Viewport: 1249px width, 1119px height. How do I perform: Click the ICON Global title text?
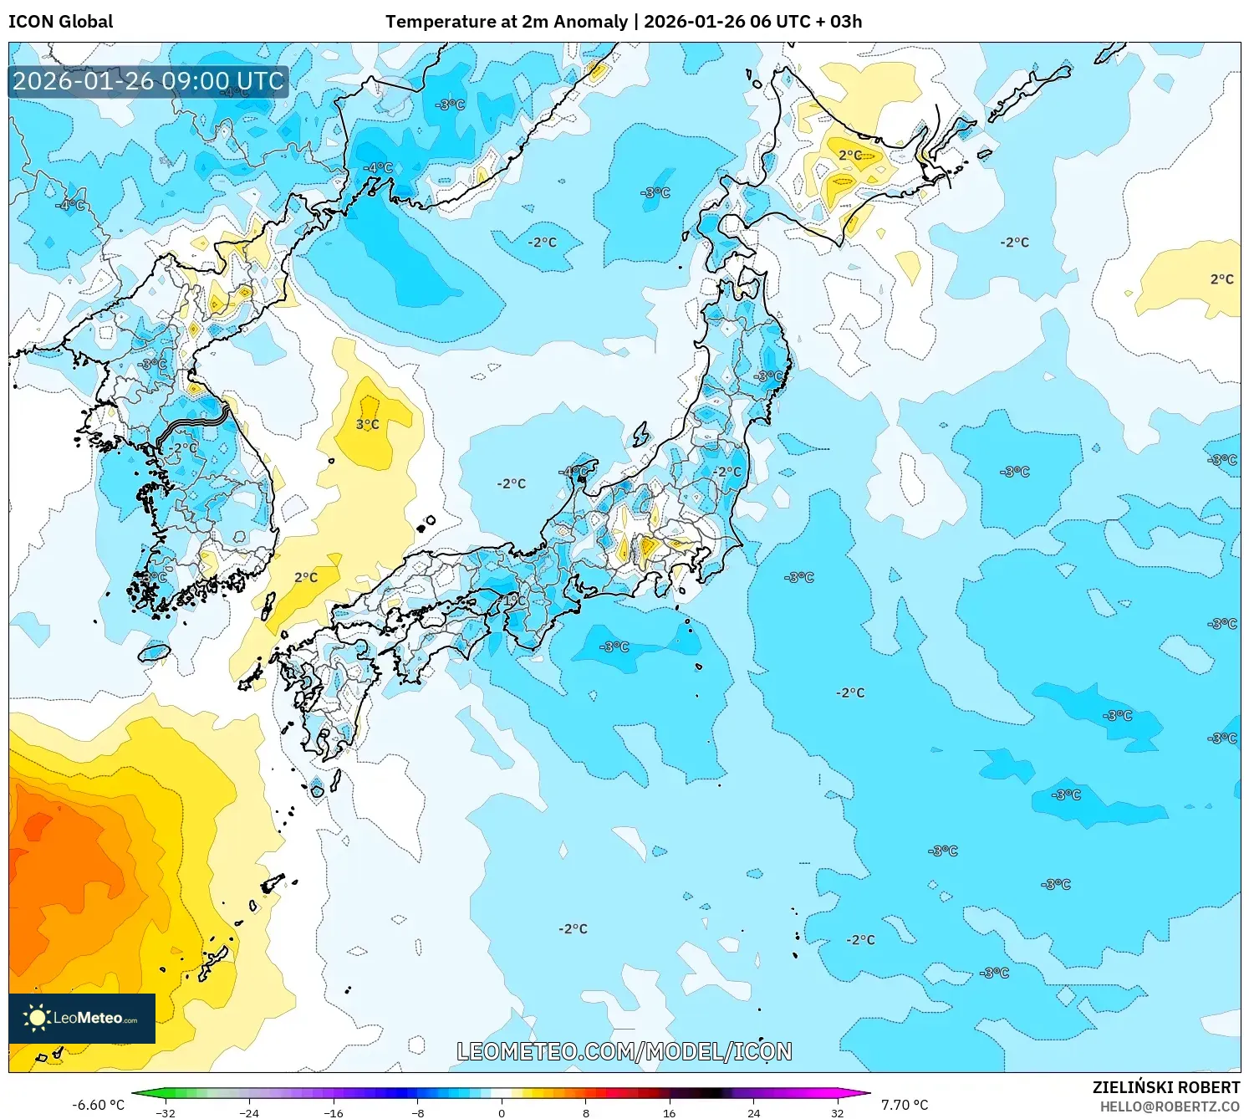coord(60,22)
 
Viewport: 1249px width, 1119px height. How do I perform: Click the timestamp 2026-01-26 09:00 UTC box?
coord(148,82)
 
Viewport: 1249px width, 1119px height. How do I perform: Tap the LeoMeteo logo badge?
coord(82,1018)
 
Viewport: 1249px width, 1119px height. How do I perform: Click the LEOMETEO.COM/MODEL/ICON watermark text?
coord(624,1051)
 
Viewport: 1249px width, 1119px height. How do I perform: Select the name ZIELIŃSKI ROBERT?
coord(1165,1087)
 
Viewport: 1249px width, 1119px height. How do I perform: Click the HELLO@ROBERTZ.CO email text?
coord(1169,1106)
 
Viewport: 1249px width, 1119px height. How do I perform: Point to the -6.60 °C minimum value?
coord(98,1105)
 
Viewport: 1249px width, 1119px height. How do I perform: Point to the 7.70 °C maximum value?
coord(904,1105)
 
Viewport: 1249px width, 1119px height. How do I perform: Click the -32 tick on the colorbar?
coord(166,1112)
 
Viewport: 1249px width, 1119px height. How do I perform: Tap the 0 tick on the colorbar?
coord(502,1112)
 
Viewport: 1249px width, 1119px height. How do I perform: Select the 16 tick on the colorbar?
coord(669,1112)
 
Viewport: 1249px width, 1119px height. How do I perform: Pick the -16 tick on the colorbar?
coord(334,1112)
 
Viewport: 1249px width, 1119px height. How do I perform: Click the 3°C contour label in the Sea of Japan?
coord(368,425)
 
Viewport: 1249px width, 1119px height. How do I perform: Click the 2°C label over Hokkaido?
coord(850,155)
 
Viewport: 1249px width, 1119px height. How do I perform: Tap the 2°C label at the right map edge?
coord(1221,279)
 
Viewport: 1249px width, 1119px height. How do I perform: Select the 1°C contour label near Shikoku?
coord(515,600)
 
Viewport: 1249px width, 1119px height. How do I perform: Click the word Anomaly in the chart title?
coord(590,22)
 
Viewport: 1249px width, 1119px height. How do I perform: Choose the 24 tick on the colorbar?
coord(753,1112)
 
